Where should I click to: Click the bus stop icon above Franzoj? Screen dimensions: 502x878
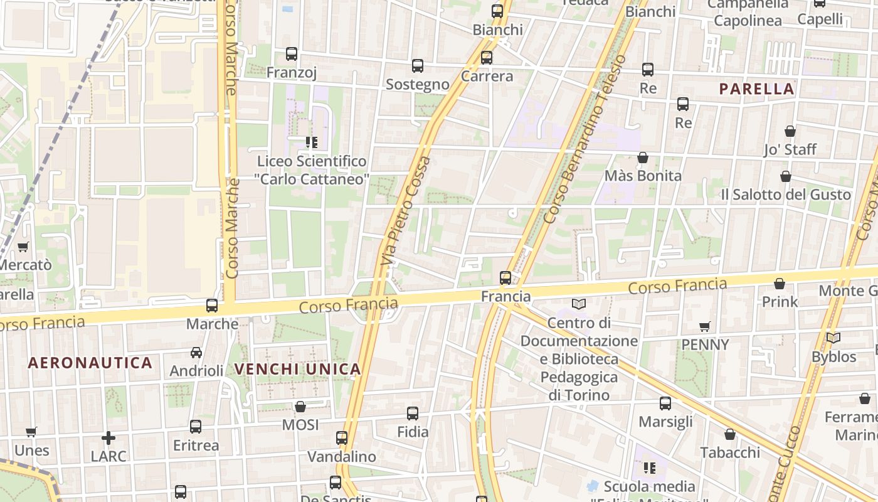291,54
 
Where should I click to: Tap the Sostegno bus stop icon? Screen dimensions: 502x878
418,65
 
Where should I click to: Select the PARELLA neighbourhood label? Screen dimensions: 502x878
757,89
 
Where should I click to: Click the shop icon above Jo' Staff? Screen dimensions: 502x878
790,131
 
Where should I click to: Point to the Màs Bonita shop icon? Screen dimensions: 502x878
642,158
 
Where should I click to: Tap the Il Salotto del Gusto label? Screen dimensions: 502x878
786,195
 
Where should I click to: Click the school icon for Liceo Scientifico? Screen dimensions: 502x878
311,142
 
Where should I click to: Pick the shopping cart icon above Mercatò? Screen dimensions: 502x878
23,247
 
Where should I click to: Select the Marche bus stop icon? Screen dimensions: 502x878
212,306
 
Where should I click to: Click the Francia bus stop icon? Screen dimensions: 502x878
505,277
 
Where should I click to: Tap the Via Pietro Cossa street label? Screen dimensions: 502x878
406,210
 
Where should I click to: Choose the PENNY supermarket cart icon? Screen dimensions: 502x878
705,326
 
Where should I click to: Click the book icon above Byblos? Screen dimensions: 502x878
833,338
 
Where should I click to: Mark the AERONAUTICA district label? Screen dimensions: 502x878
90,363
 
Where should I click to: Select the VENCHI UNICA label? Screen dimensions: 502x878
298,369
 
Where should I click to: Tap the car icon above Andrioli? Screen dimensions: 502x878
196,353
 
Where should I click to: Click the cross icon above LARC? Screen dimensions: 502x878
108,437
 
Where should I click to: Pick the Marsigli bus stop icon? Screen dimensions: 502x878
665,403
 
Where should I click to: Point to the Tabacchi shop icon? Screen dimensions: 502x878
730,434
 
